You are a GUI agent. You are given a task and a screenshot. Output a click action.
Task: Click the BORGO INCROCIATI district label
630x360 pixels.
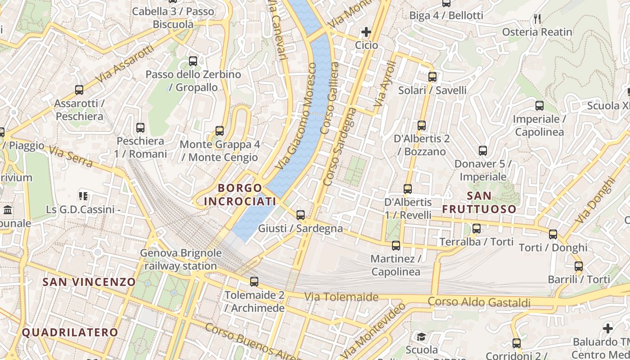point(240,194)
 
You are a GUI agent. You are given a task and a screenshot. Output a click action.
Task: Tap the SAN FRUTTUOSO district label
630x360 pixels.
point(479,202)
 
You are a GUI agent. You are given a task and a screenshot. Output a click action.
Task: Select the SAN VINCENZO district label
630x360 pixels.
point(89,282)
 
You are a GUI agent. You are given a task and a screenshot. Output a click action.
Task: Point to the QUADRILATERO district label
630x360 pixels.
point(70,333)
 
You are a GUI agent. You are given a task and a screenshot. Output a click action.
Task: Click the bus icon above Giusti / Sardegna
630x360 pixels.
point(301,215)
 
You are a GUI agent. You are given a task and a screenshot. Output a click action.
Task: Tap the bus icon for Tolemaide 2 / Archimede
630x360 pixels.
point(254,282)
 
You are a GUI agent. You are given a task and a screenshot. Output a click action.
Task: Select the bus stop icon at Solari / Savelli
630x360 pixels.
point(432,76)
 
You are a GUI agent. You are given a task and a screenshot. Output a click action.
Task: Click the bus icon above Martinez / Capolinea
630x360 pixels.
point(396,246)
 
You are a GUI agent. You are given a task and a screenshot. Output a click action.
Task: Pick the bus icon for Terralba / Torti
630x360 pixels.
point(477,229)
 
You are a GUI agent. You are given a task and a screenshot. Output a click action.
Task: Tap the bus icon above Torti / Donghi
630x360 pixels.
point(553,234)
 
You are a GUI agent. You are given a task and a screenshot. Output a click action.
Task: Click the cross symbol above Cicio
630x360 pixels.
point(366,32)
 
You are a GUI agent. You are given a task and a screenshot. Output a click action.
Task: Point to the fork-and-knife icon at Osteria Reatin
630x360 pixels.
point(537,19)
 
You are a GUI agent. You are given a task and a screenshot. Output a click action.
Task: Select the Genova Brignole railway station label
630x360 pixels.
point(181,259)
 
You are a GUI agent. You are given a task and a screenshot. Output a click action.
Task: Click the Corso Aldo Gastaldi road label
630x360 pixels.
point(479,302)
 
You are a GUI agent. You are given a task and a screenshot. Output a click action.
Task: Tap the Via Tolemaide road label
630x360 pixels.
point(341,297)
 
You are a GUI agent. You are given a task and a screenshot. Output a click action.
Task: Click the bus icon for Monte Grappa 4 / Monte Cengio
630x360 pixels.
point(220,131)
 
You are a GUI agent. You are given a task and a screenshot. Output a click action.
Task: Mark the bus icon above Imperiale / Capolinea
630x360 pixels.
point(539,106)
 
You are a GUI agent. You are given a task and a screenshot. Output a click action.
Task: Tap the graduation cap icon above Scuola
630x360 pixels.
point(421,337)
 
